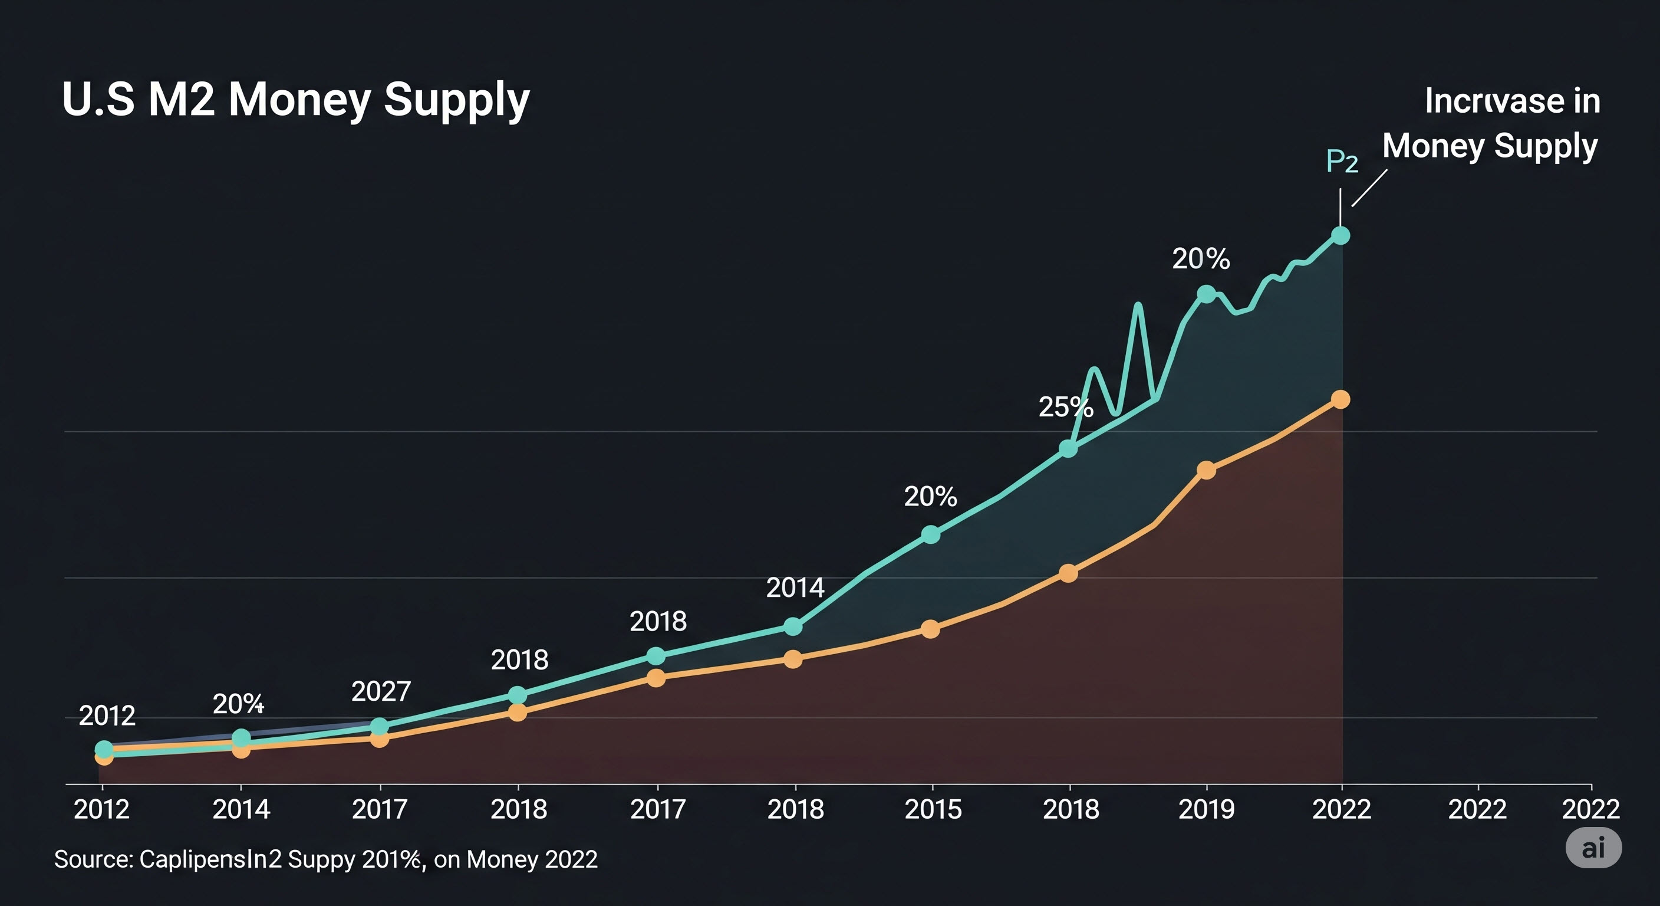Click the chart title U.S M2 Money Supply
(x=296, y=100)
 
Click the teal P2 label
(x=1342, y=161)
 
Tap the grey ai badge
(x=1593, y=848)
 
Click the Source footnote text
(x=325, y=859)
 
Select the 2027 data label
(x=381, y=691)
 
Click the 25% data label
(x=1065, y=407)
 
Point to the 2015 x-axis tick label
(x=933, y=809)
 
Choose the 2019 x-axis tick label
(x=1206, y=809)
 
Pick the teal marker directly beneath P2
(x=1340, y=235)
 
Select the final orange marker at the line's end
(x=1340, y=400)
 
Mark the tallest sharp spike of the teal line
(x=1139, y=306)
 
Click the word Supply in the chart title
(x=456, y=101)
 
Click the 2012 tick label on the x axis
(x=102, y=809)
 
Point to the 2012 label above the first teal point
(x=107, y=715)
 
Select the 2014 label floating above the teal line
(x=795, y=587)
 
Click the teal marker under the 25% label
(x=1068, y=448)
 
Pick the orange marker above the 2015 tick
(x=930, y=629)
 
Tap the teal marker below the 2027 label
(x=380, y=727)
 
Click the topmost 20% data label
(x=1201, y=258)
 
